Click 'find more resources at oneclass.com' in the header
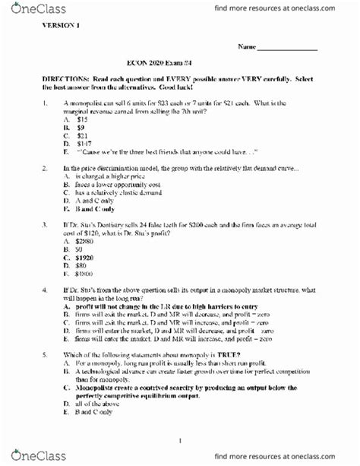pos(283,8)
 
